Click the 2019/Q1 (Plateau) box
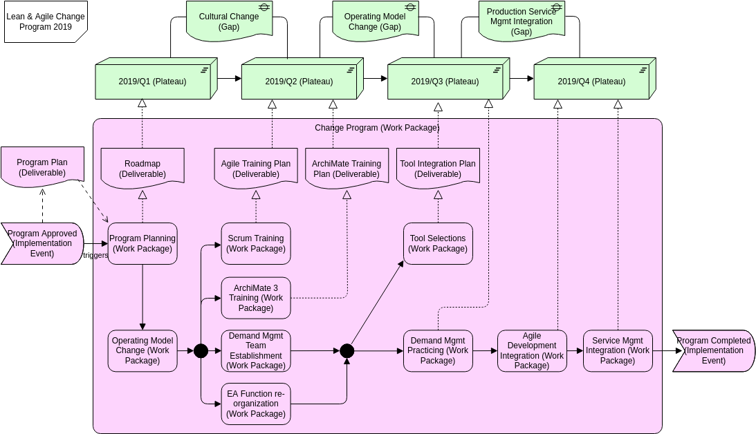click(152, 82)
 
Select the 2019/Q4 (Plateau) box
click(591, 82)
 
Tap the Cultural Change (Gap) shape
click(229, 21)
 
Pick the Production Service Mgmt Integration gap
click(522, 21)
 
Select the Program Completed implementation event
click(713, 351)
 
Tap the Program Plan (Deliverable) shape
click(42, 167)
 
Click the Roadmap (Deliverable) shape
click(142, 169)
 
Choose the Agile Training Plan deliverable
click(256, 169)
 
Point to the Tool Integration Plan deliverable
click(438, 169)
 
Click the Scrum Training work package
click(256, 243)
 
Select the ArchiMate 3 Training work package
click(256, 298)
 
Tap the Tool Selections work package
click(438, 243)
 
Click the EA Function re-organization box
click(256, 404)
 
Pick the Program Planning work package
click(142, 243)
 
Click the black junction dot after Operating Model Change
click(201, 351)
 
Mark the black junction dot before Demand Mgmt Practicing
click(347, 351)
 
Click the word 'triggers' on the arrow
click(95, 255)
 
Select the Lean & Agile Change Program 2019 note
click(45, 21)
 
